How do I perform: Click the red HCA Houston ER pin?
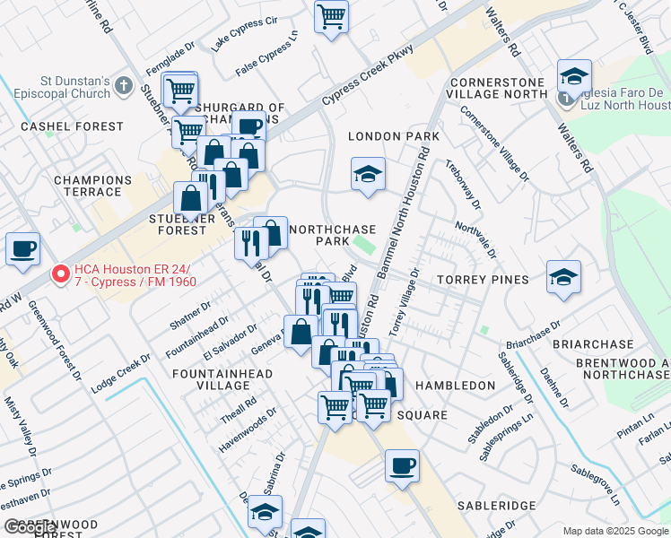pyautogui.click(x=60, y=274)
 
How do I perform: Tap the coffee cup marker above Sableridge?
pyautogui.click(x=402, y=467)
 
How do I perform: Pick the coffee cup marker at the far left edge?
pyautogui.click(x=22, y=248)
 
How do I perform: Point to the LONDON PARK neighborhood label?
pyautogui.click(x=393, y=136)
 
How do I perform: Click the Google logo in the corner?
pyautogui.click(x=30, y=527)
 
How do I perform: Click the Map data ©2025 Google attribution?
pyautogui.click(x=614, y=531)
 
